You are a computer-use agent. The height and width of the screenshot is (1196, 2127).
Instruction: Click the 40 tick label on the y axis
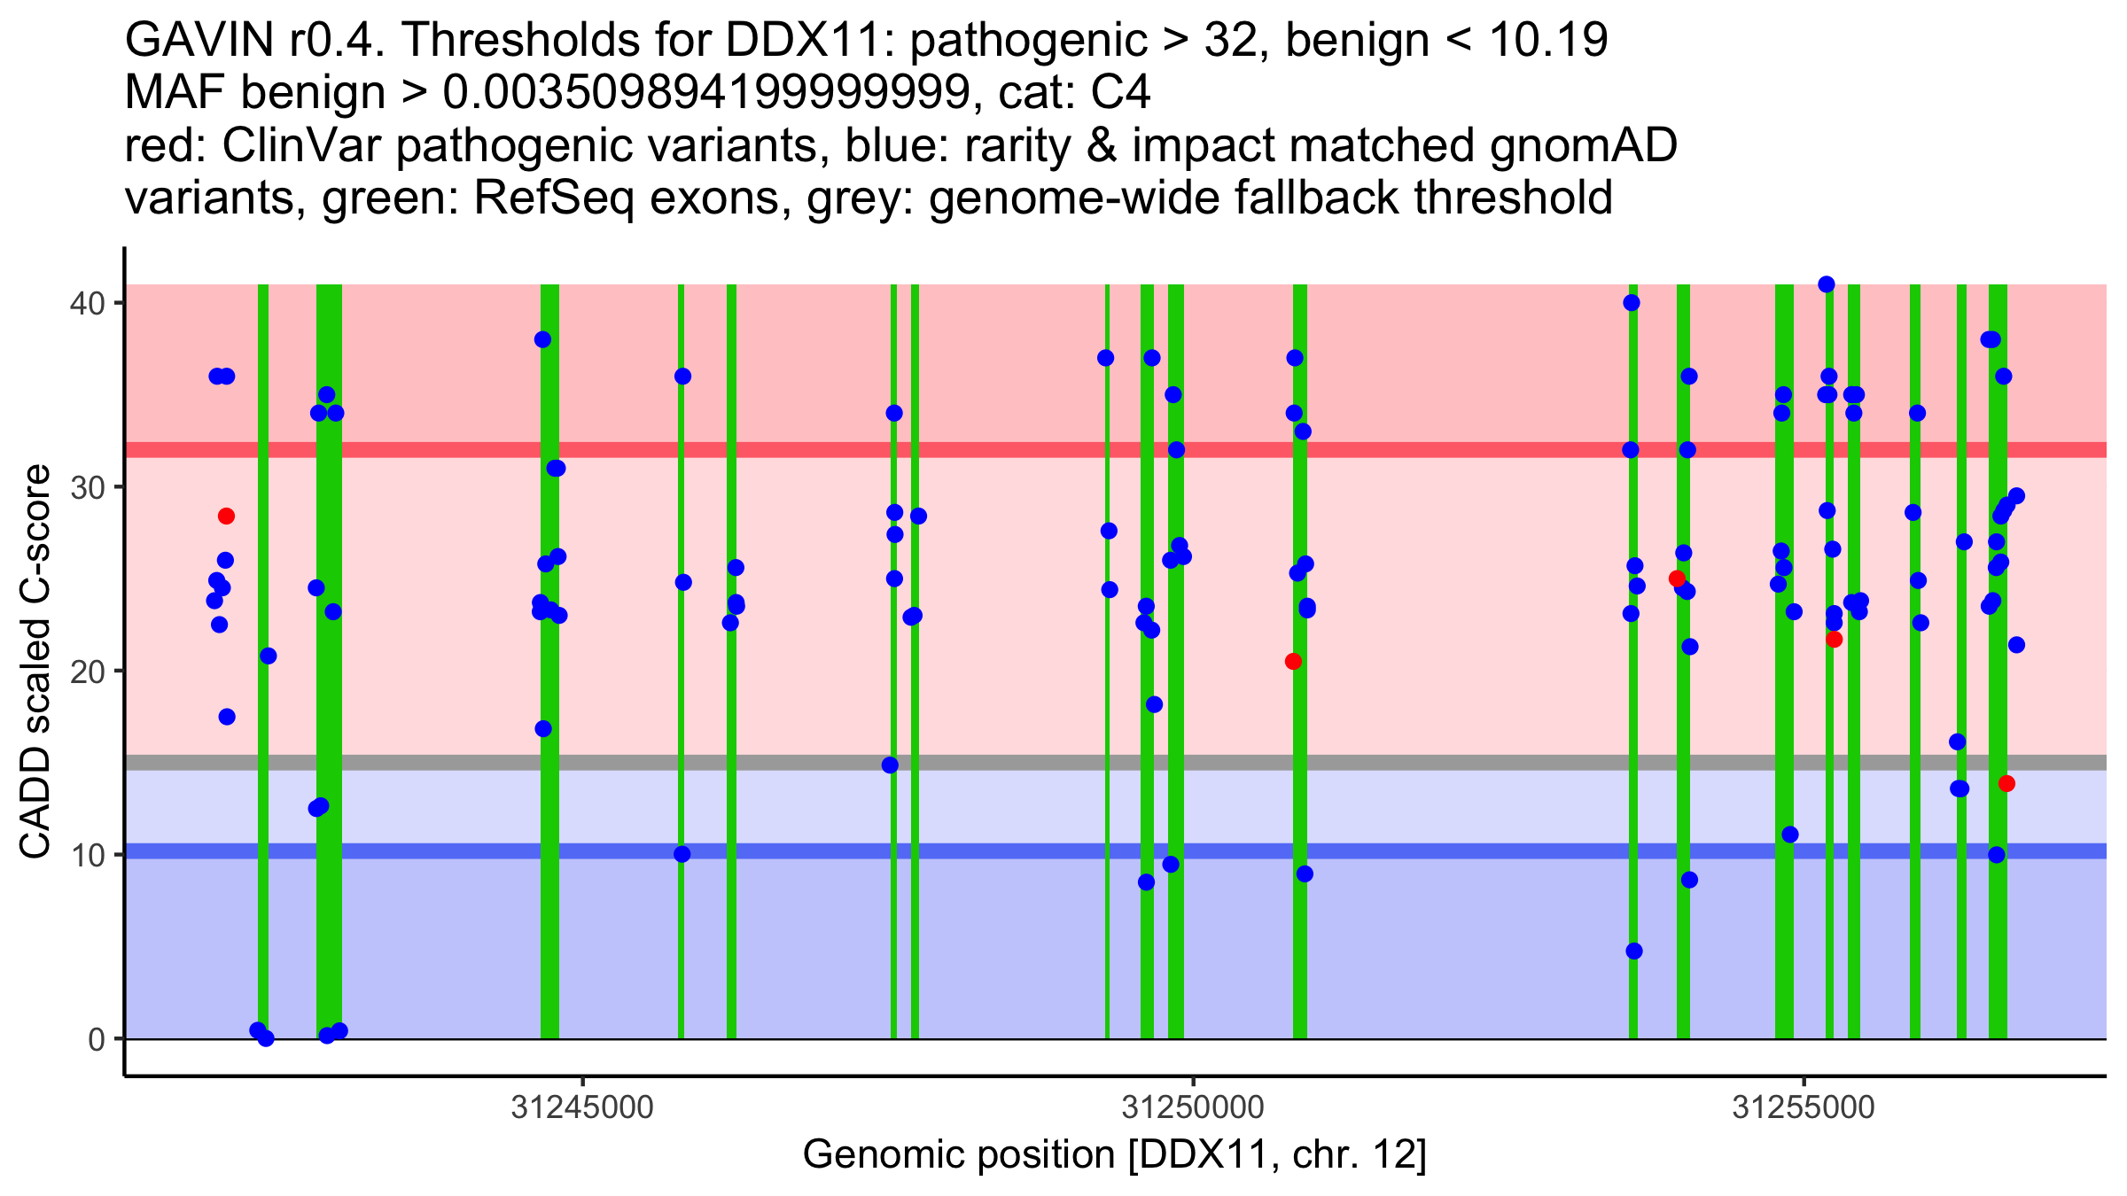click(87, 303)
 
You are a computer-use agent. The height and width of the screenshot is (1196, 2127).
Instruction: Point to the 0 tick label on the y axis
click(96, 1039)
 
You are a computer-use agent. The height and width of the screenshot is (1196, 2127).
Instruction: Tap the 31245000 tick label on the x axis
click(582, 1107)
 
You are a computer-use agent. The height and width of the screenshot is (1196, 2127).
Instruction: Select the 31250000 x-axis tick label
click(1193, 1107)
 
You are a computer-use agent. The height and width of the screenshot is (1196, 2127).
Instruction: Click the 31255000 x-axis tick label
click(1804, 1107)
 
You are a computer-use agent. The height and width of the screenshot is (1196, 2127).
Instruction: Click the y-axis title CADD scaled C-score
click(35, 663)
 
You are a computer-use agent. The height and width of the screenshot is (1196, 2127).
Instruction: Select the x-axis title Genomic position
click(1114, 1155)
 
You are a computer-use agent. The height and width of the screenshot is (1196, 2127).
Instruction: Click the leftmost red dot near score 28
click(226, 516)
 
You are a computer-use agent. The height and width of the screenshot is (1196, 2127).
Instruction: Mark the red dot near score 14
click(2006, 783)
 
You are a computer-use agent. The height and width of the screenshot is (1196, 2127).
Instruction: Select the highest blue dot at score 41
click(1826, 284)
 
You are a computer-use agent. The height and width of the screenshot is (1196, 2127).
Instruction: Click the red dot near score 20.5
click(1293, 661)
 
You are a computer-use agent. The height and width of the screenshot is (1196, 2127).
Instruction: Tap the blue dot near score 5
click(1634, 951)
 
